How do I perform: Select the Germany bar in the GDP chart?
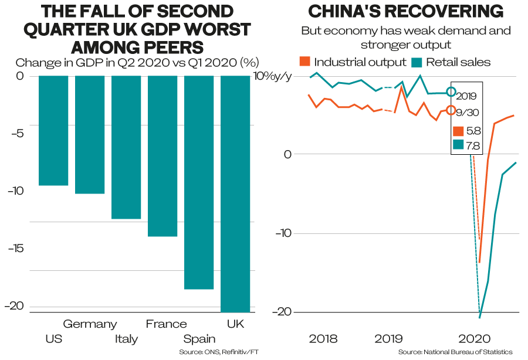tap(90, 135)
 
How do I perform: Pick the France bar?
tap(163, 156)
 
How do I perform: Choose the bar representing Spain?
tap(199, 182)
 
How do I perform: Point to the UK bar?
tap(235, 194)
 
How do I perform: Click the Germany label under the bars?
tap(90, 324)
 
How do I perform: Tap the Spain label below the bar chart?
tap(199, 339)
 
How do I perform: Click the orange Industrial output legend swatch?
tap(304, 62)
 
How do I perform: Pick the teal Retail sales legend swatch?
tap(418, 62)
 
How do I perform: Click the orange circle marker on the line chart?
tap(451, 110)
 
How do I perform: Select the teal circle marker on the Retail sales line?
tap(451, 91)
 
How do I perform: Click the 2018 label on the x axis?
tap(322, 339)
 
